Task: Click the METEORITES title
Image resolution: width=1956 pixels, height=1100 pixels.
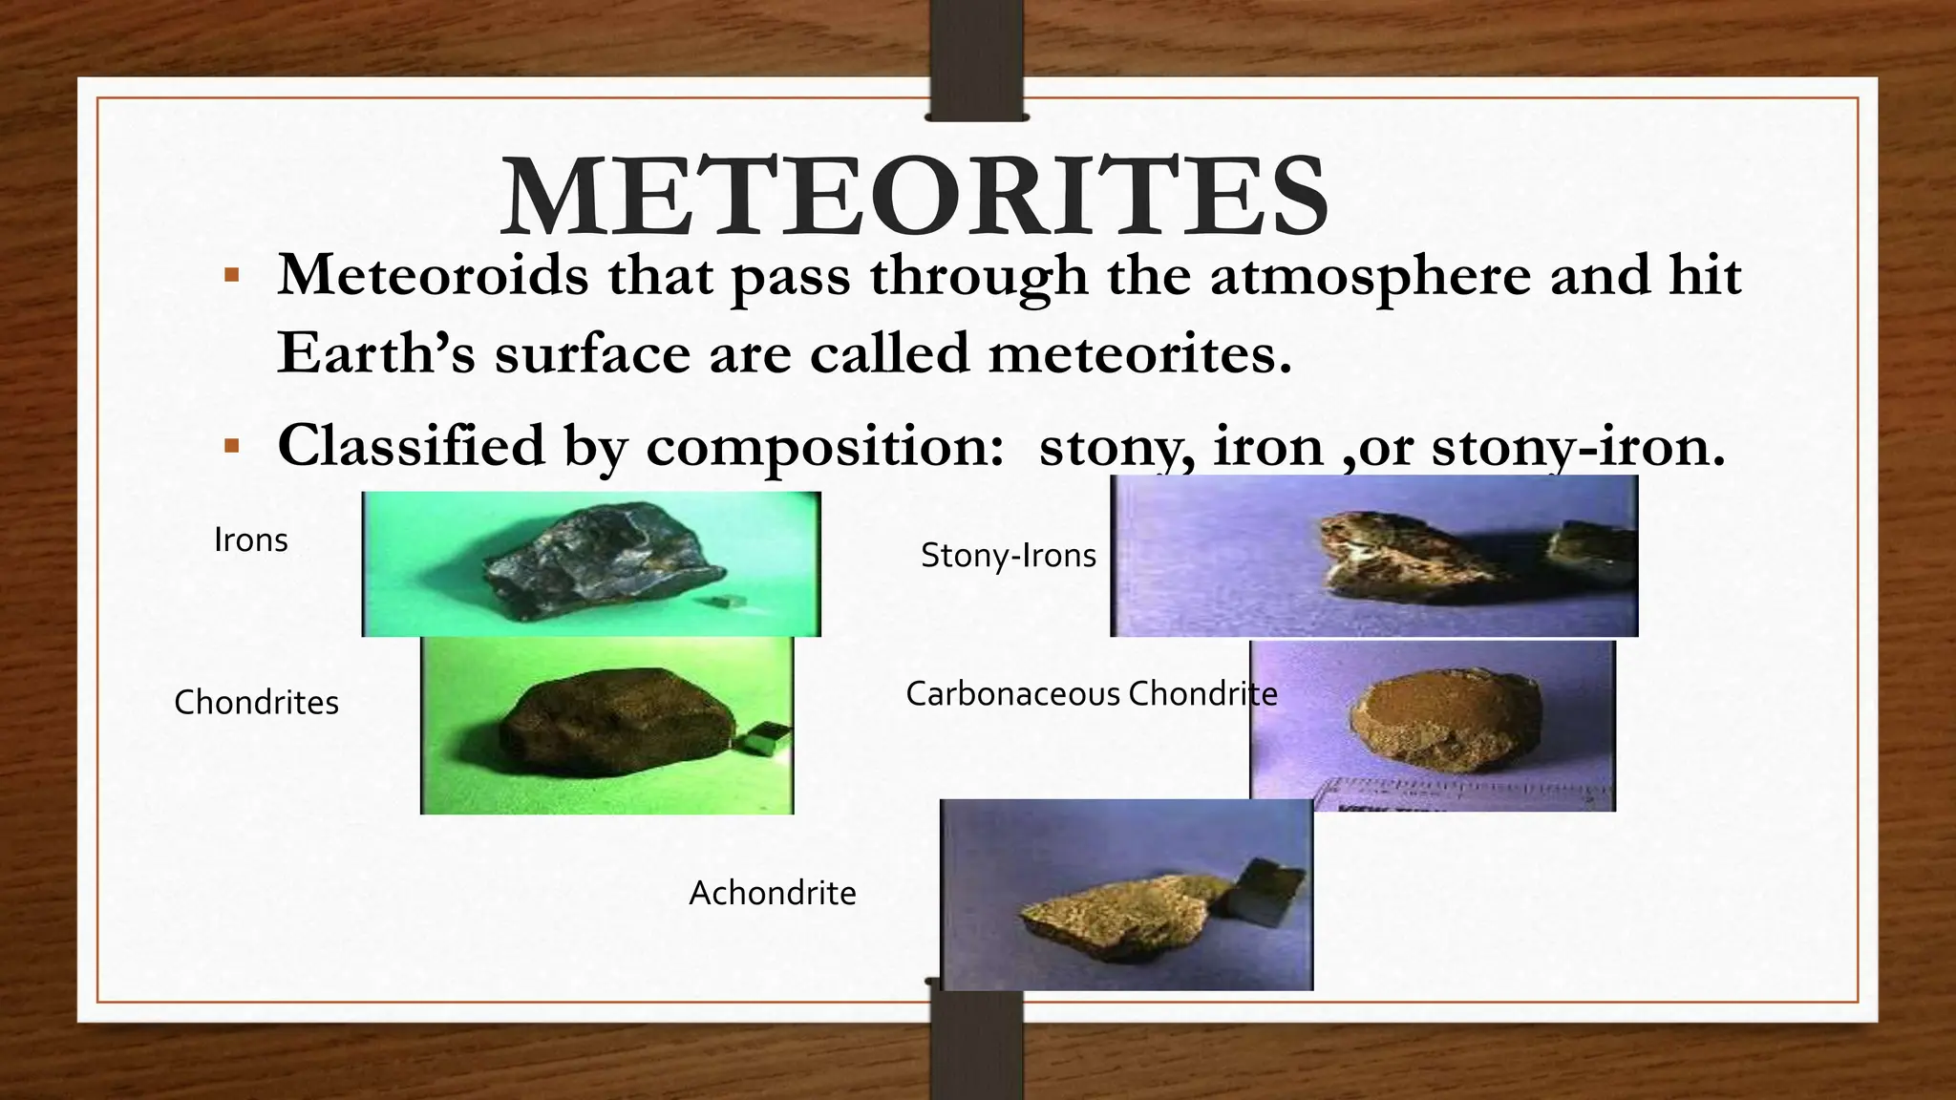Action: pos(914,198)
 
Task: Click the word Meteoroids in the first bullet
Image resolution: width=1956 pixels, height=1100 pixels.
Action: pos(433,276)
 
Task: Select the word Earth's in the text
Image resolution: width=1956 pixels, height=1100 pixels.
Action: pos(376,353)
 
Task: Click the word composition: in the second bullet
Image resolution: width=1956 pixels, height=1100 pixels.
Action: pos(824,447)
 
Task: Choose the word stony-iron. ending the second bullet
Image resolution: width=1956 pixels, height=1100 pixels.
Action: pos(1579,447)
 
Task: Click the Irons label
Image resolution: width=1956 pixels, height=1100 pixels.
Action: pos(250,540)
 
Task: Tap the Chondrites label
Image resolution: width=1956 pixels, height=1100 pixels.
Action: pos(256,703)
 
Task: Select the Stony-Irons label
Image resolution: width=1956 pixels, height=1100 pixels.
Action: pos(1008,556)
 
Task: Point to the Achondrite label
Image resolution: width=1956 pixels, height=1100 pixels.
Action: pos(773,894)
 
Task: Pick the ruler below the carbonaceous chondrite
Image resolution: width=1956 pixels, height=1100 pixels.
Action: pos(1461,794)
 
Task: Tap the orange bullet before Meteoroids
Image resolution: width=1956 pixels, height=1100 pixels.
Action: pos(231,277)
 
